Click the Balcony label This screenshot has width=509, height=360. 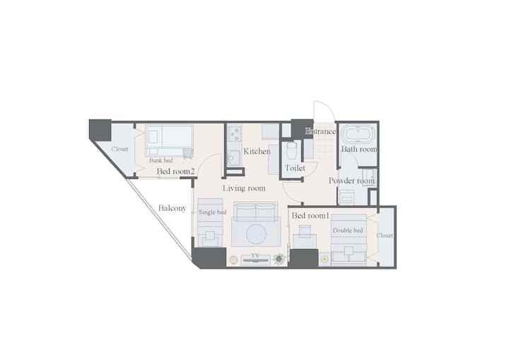pos(172,208)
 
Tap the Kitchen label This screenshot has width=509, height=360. pos(257,151)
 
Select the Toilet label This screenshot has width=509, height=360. pos(295,168)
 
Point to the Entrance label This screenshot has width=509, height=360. pos(321,132)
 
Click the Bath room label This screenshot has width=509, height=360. pos(359,149)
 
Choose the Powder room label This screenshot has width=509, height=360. pos(351,180)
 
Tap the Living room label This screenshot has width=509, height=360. pos(244,188)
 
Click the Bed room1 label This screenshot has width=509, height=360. pos(310,216)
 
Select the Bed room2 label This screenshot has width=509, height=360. pos(175,171)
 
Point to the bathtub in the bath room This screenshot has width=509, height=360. pos(358,134)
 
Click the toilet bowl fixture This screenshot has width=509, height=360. pos(291,151)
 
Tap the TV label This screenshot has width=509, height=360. pos(255,256)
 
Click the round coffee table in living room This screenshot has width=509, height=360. pos(256,234)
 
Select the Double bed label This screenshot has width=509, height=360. pos(348,231)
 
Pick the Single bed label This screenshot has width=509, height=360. pos(212,212)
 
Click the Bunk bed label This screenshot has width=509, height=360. pos(161,161)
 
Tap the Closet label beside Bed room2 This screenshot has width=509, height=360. pos(119,149)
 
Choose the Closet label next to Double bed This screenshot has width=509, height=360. pos(385,236)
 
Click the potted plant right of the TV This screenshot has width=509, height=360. pos(279,259)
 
